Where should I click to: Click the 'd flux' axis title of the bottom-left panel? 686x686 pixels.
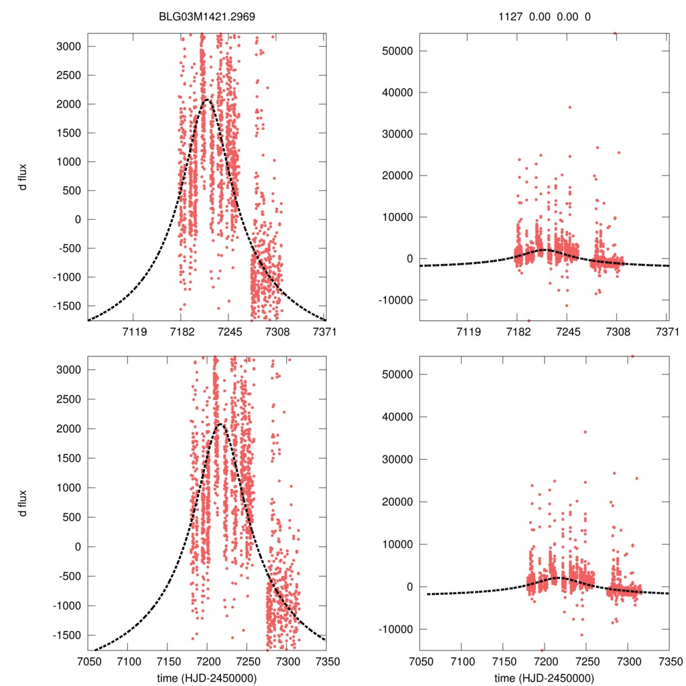click(23, 503)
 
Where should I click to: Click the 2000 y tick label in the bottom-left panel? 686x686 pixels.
click(70, 429)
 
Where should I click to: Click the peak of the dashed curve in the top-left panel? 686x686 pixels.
click(207, 100)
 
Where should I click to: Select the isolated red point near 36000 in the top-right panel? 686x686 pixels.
click(570, 107)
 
